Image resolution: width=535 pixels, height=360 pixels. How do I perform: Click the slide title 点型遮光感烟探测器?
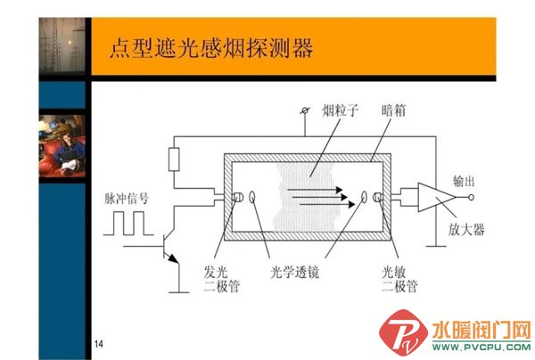tap(211, 48)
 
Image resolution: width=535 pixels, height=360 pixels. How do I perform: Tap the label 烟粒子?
tap(341, 110)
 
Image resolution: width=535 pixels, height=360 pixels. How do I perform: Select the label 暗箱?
tap(393, 110)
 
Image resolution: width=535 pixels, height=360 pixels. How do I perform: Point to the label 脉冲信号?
tap(127, 199)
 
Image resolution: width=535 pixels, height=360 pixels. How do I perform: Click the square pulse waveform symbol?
tap(128, 224)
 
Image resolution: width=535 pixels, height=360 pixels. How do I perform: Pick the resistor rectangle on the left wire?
tap(174, 160)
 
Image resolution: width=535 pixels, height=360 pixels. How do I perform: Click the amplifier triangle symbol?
tap(437, 197)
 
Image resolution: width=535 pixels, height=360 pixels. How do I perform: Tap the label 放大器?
tap(466, 229)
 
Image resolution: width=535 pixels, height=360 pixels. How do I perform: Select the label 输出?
tap(464, 182)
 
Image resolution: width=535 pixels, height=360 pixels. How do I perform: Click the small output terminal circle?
tap(471, 197)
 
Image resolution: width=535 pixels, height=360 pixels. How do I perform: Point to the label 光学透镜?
tap(295, 273)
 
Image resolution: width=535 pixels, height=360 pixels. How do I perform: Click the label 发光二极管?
tap(221, 279)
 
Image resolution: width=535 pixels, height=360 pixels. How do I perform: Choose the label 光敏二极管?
tap(399, 279)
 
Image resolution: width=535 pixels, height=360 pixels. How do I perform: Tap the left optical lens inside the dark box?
tap(252, 197)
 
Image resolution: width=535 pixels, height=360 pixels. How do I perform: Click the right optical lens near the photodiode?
tap(364, 197)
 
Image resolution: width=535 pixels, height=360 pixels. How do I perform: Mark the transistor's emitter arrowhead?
tap(173, 258)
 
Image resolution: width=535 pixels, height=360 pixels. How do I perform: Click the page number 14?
tap(99, 344)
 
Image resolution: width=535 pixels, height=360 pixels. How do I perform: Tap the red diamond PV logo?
tap(403, 332)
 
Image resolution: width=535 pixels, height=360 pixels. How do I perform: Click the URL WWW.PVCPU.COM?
tap(481, 348)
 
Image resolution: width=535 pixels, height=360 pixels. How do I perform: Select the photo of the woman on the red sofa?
tap(62, 146)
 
